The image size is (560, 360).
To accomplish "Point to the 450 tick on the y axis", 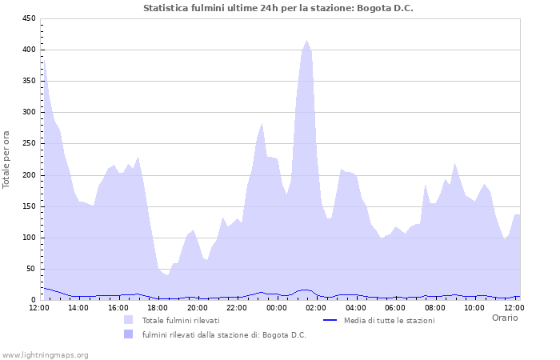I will pos(28,18).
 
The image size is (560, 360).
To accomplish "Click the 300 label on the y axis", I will pos(28,113).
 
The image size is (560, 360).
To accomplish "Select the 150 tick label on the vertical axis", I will pos(28,206).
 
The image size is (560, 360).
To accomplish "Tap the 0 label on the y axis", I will pos(33,300).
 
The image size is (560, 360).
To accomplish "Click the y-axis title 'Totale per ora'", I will pos(7,159).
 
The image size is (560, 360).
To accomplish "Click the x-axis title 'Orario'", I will pos(505,318).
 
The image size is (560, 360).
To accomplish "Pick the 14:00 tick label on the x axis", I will pos(79,307).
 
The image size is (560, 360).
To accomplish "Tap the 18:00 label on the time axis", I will pos(158,307).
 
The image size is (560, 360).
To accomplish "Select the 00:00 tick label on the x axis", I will pos(276,307).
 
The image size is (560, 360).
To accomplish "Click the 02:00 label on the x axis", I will pos(316,307).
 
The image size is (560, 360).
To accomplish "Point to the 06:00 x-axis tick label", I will pos(395,307).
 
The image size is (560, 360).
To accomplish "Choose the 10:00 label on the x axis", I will pos(474,307).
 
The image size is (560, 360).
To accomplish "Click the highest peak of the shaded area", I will pos(306,41).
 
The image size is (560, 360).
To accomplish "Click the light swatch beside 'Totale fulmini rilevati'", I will pos(128,320).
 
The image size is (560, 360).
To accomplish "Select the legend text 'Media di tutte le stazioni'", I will pos(390,320).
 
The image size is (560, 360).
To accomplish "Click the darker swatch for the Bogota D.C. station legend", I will pos(128,334).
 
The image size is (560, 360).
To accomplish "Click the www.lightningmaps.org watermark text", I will pos(45,354).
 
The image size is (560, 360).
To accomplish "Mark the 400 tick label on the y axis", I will pos(28,50).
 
